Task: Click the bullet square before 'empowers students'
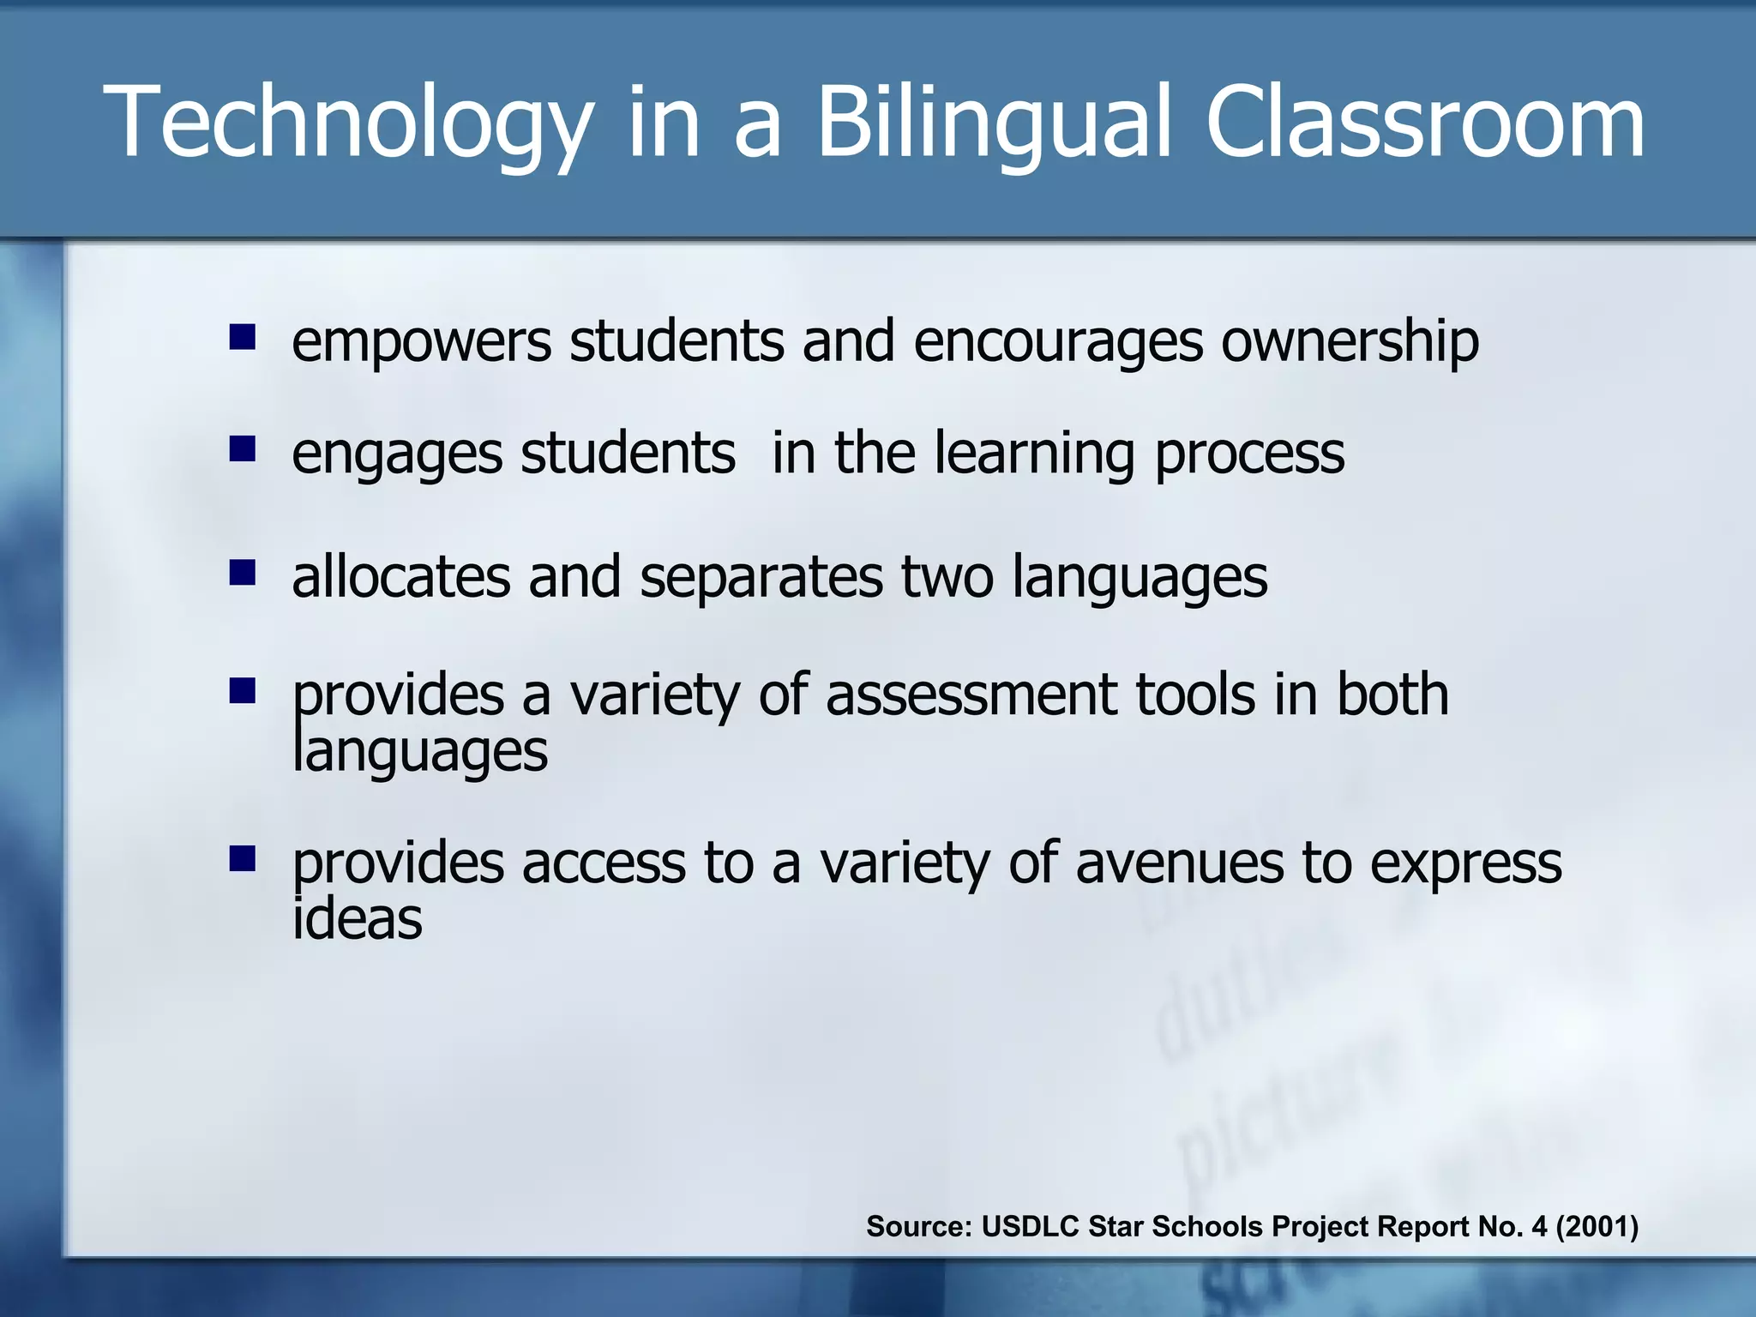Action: (x=243, y=337)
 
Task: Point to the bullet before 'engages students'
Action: (x=243, y=448)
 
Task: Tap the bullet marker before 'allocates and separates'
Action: (x=243, y=572)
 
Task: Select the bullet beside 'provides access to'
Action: (x=243, y=858)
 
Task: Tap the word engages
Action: (x=396, y=455)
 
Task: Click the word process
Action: (x=1249, y=455)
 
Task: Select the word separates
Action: (x=761, y=576)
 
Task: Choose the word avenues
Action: (x=1179, y=863)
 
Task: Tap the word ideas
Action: (x=357, y=919)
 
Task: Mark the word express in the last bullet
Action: (x=1465, y=864)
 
